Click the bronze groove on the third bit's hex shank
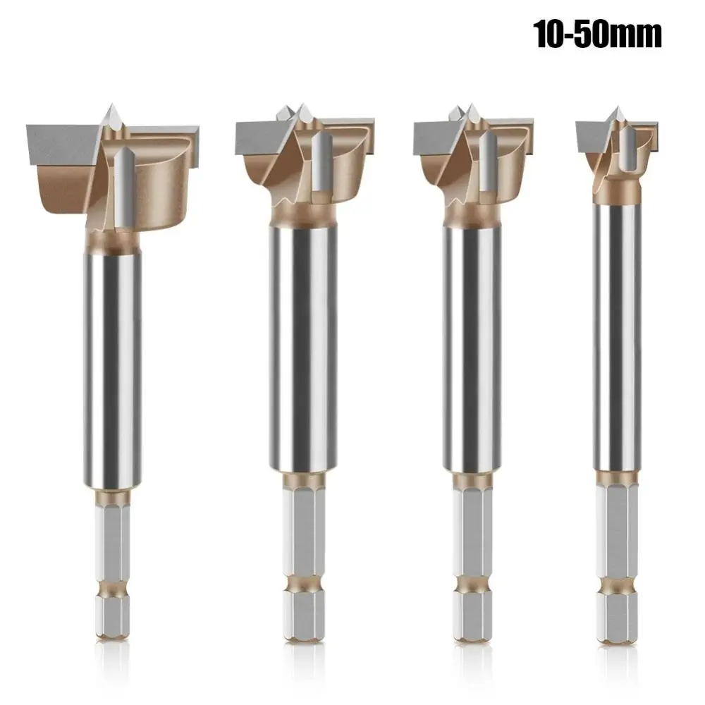pos(472,584)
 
